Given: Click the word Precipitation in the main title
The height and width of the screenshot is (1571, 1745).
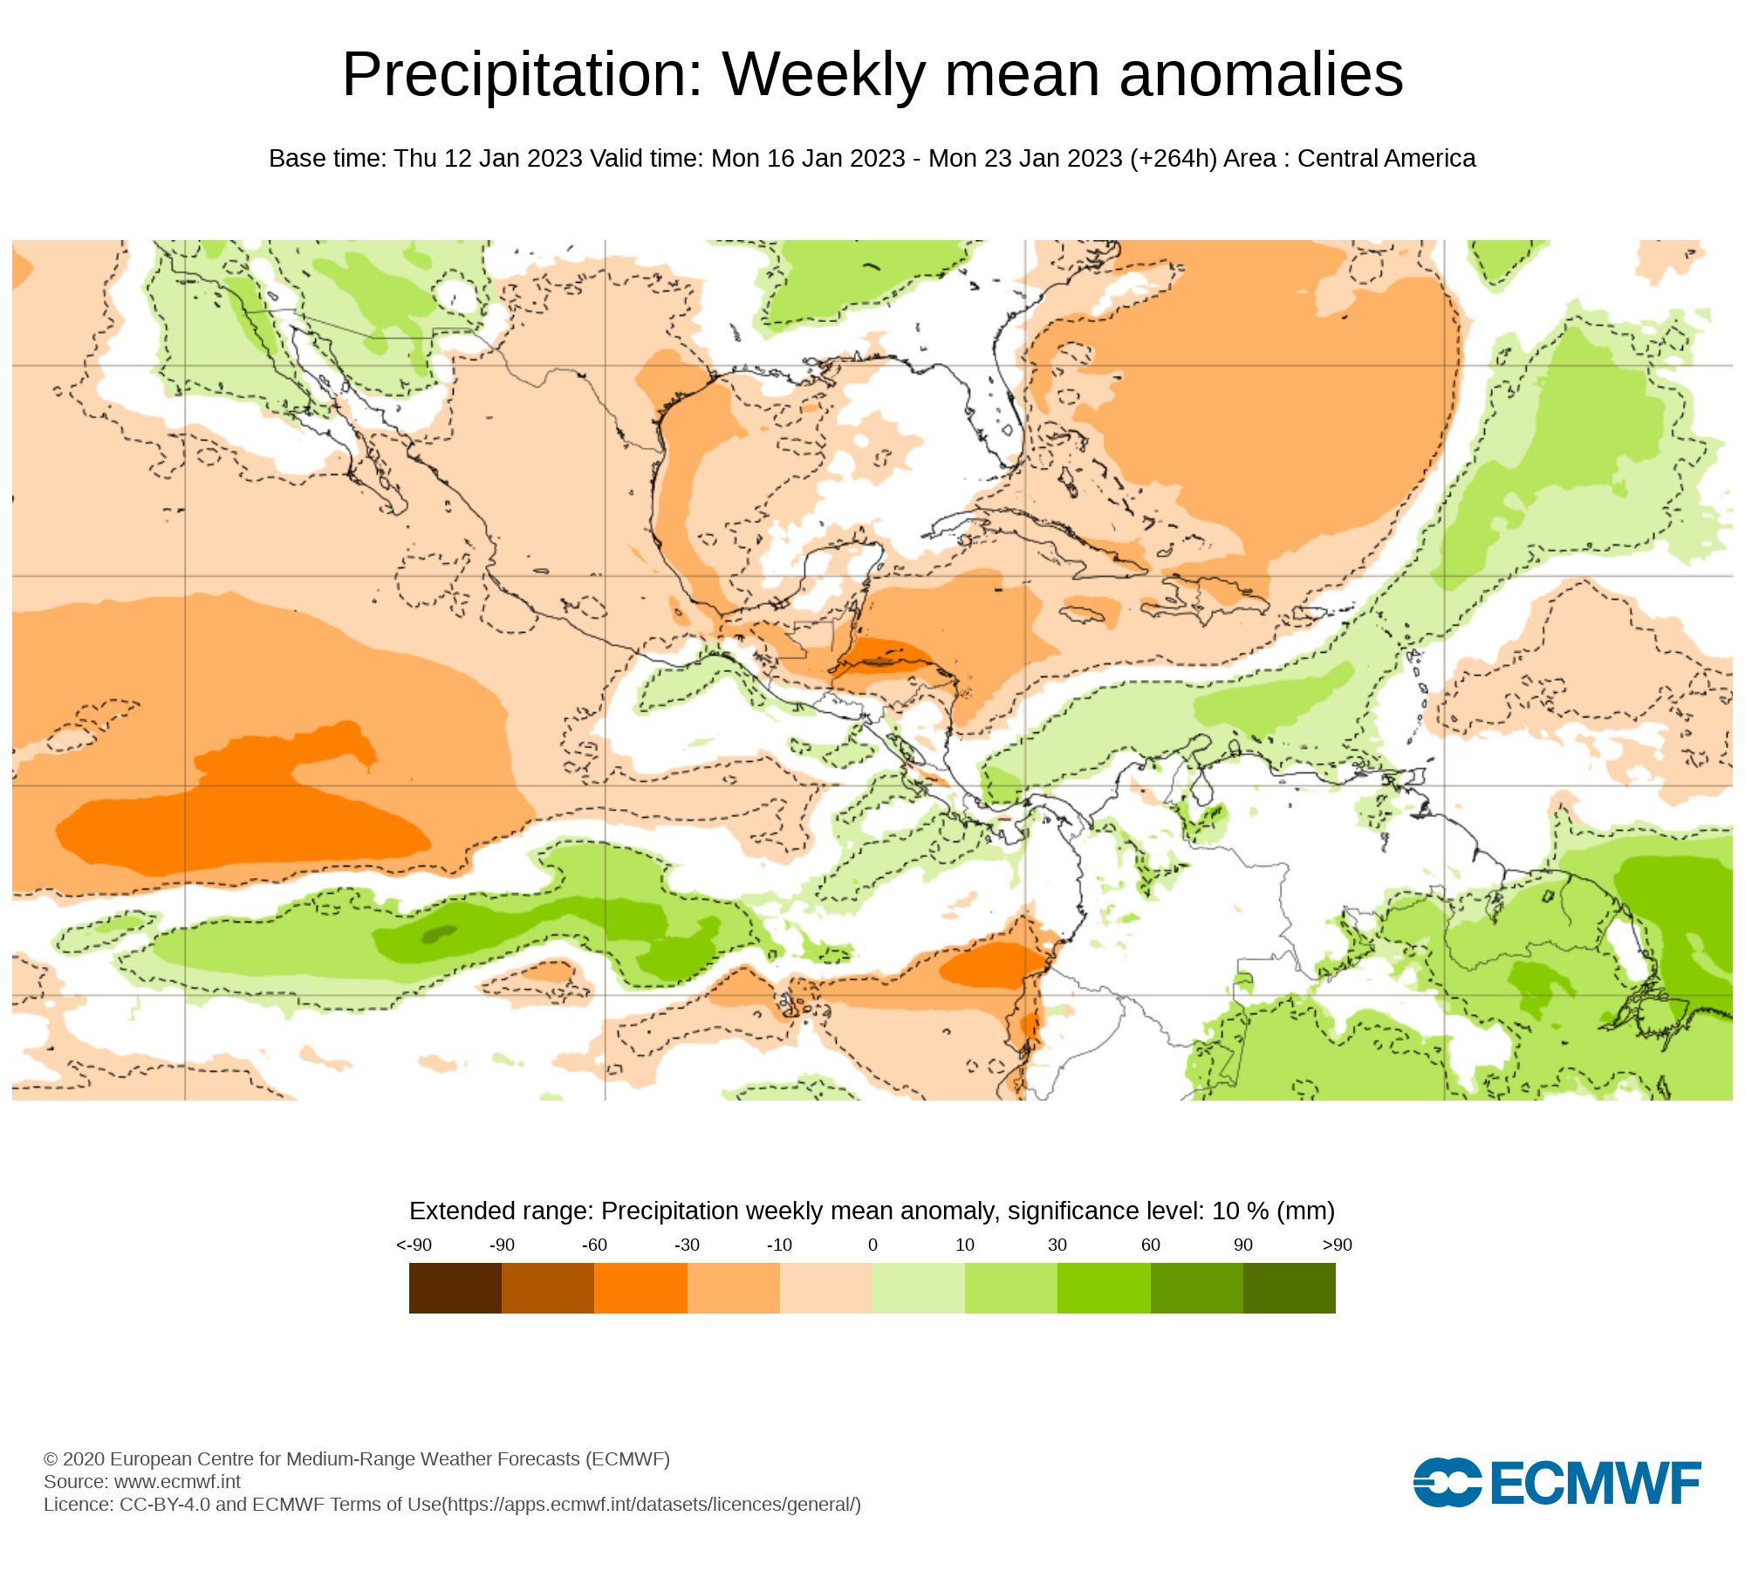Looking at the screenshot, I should coord(522,75).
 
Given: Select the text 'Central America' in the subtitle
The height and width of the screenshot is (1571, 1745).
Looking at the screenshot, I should coord(1386,159).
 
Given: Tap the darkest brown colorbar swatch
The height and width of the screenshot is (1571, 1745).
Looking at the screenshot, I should coord(455,1287).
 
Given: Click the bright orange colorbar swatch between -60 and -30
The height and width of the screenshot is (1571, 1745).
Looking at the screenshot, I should coord(640,1287).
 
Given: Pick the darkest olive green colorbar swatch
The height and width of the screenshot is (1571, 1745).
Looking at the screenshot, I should coord(1289,1287).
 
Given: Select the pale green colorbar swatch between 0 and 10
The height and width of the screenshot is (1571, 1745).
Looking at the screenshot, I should coord(918,1287).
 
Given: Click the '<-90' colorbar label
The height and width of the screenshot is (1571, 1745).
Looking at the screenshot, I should coord(414,1245).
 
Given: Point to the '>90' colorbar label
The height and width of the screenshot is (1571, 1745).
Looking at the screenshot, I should coord(1337,1245).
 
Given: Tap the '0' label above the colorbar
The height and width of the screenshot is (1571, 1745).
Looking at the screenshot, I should coord(872,1245).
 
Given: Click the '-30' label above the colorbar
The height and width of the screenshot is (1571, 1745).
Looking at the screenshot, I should coord(687,1245).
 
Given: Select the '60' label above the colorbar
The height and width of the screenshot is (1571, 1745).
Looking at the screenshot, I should coord(1150,1245).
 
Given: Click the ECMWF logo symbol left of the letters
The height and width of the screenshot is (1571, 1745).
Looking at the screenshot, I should coord(1447,1482).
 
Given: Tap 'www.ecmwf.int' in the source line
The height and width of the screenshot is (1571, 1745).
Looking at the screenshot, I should coord(177,1482).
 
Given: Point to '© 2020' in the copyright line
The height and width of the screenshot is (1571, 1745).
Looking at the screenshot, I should coord(74,1459).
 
